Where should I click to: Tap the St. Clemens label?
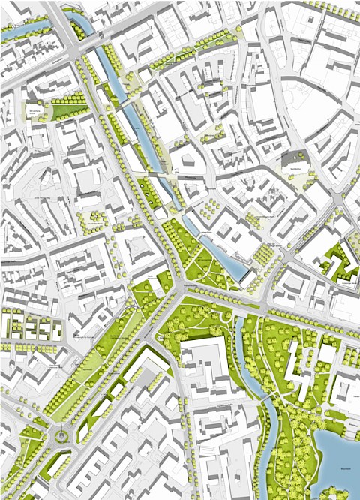pyautogui.click(x=34, y=110)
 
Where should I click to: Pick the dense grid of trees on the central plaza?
pyautogui.click(x=266, y=255)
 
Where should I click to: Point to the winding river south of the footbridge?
pyautogui.click(x=268, y=435)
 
